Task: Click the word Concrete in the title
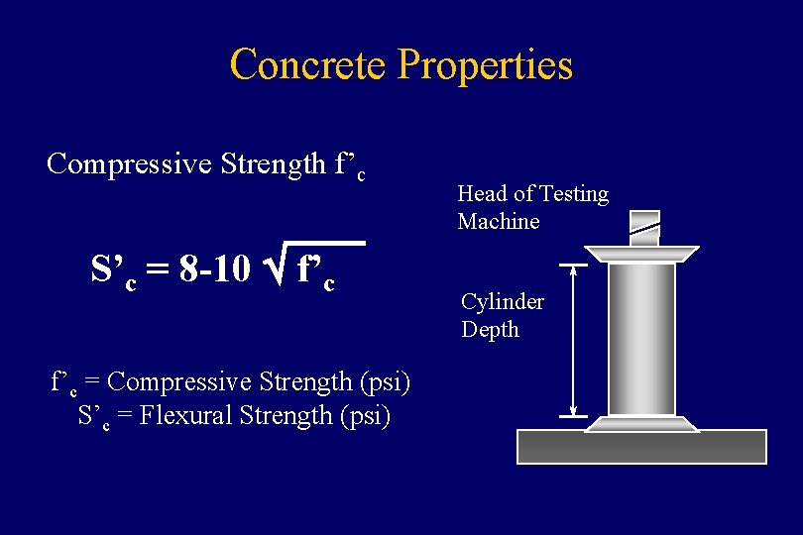(x=308, y=65)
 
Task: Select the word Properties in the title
(x=485, y=65)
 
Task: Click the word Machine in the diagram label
(x=499, y=221)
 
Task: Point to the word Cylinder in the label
(x=503, y=300)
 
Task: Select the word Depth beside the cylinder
(x=490, y=329)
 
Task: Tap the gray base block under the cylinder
(x=641, y=447)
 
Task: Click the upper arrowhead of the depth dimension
(x=574, y=269)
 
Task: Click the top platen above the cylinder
(x=642, y=255)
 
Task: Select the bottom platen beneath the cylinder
(x=642, y=423)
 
